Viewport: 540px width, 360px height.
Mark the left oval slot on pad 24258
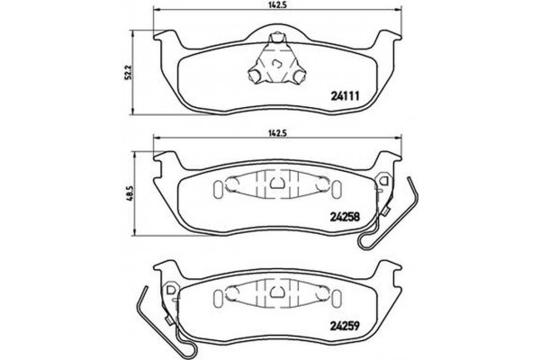click(216, 190)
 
